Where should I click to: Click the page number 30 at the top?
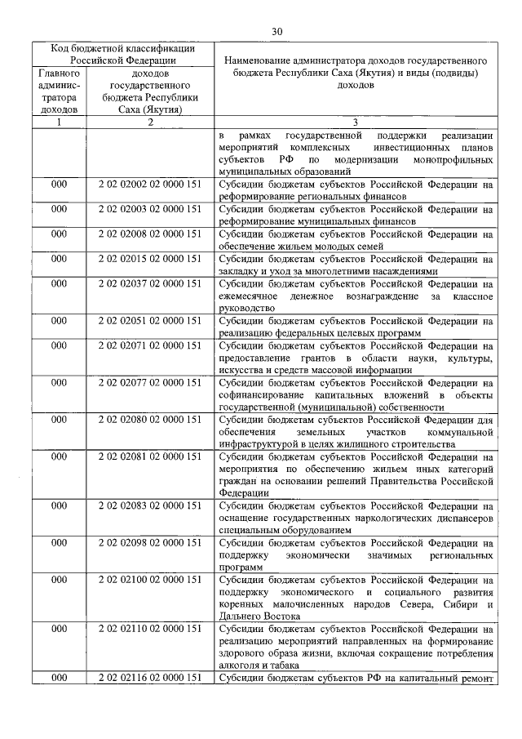pos(276,31)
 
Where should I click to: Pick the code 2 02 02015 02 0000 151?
pos(150,259)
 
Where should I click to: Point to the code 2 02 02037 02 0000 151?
pos(150,283)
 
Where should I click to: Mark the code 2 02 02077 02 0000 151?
pos(150,382)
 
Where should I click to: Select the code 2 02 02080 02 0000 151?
pos(150,420)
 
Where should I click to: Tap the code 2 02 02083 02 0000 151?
pos(150,505)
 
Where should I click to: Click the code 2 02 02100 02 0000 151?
pos(150,580)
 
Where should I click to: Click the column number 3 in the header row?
pos(355,122)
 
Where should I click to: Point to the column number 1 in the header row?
pos(59,122)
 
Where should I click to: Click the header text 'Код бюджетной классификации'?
pos(118,48)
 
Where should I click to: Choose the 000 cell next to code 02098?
pos(59,543)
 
